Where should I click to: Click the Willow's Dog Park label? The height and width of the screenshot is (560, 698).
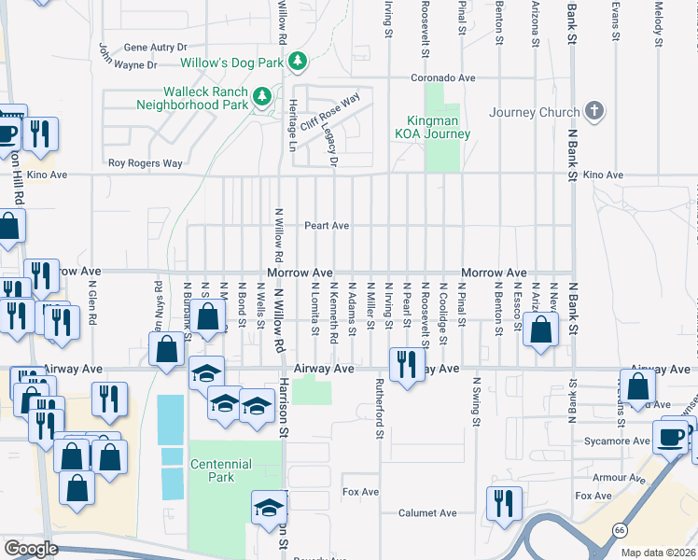pos(232,63)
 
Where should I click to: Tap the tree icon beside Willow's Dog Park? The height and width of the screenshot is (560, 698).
pos(298,63)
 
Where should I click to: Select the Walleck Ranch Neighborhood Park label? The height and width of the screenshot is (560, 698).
pos(192,98)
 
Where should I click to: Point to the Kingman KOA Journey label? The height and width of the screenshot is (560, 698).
pos(438,127)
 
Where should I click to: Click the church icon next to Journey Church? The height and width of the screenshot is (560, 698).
pos(593,113)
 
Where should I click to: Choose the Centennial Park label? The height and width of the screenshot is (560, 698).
pos(220,470)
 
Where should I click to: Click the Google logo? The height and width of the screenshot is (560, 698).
pos(31,549)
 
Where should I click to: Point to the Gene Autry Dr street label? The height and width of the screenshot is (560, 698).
pos(155,47)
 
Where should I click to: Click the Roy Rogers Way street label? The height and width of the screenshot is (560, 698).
pos(145,163)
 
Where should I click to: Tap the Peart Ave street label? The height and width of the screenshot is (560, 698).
pos(327,226)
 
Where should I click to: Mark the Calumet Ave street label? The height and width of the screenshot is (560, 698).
pos(427,513)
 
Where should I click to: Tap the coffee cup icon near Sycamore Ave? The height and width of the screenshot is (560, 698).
pos(670,437)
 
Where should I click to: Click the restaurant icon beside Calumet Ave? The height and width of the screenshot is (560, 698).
pos(499,502)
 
